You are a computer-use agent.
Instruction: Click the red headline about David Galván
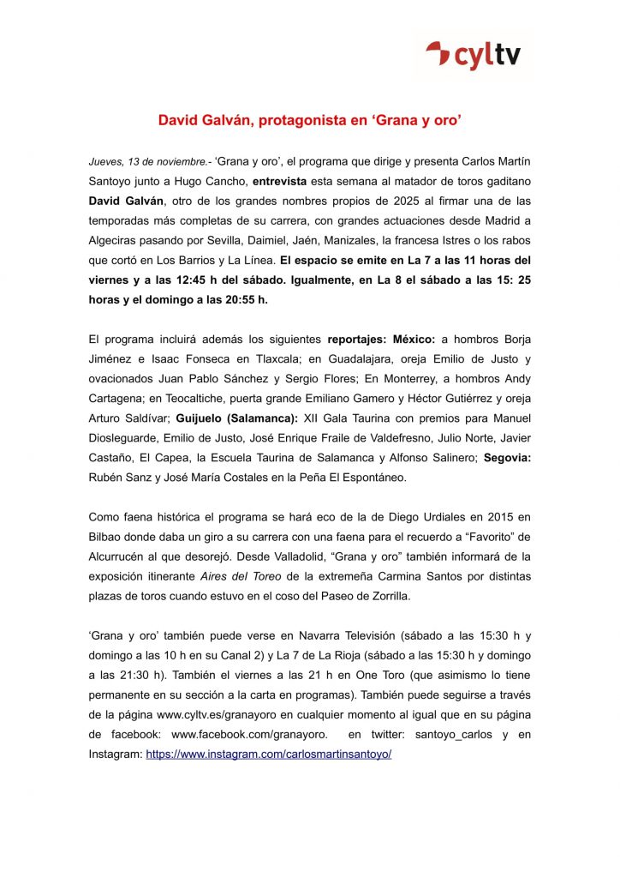tap(310, 121)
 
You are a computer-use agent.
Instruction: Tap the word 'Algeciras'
tap(115, 240)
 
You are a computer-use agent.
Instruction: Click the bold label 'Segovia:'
tap(507, 457)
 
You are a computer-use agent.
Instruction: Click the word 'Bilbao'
tap(108, 536)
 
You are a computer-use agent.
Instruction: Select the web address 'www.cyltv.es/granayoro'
tap(225, 714)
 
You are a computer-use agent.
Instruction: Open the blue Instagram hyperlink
tap(268, 754)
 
